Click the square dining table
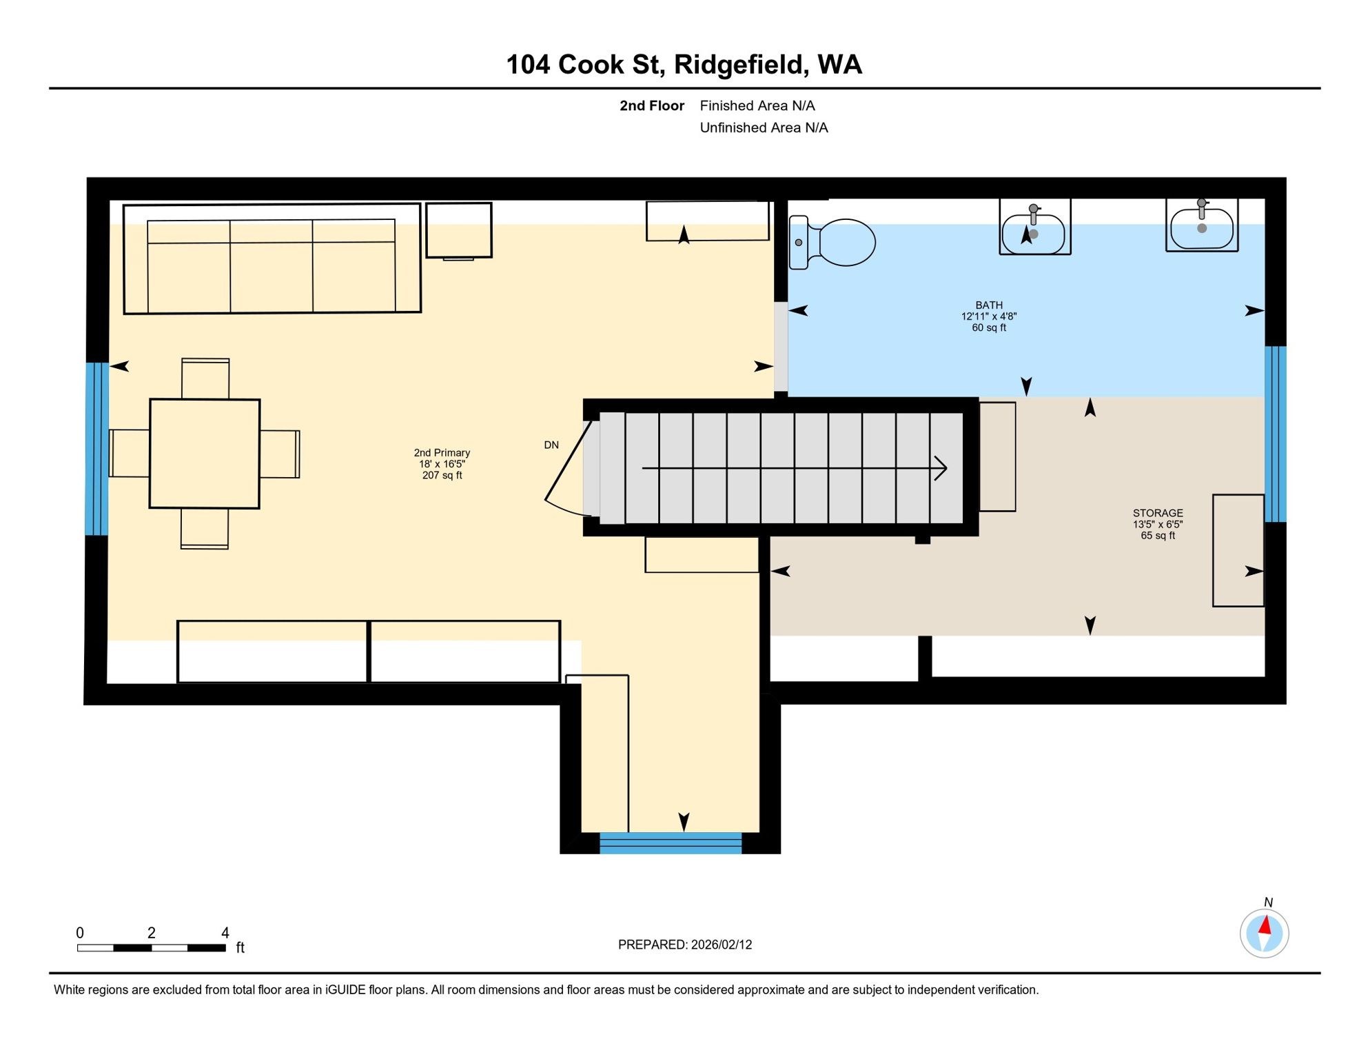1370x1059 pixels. click(x=205, y=454)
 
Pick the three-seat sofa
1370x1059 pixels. click(x=272, y=259)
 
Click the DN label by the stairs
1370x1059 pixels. click(x=551, y=445)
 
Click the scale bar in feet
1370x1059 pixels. click(x=152, y=947)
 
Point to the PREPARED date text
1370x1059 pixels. click(x=684, y=945)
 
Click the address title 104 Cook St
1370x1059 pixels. click(x=684, y=64)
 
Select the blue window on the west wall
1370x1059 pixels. click(x=96, y=449)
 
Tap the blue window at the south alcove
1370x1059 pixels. click(x=670, y=843)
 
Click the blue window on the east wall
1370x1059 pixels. click(x=1275, y=434)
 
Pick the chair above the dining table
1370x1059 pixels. click(x=205, y=379)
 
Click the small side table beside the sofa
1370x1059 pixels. click(x=459, y=230)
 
